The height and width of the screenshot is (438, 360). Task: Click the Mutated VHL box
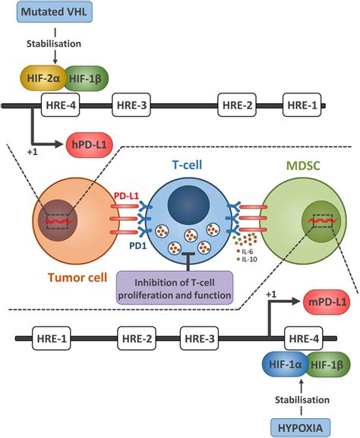[55, 12]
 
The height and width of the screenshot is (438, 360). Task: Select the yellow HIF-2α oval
[43, 78]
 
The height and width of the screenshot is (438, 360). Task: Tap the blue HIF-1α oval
[285, 364]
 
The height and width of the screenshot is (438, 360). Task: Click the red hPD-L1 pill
[90, 145]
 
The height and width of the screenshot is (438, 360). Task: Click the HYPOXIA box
[301, 427]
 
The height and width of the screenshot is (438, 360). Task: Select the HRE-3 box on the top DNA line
[131, 105]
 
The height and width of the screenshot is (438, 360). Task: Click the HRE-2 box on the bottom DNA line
[137, 339]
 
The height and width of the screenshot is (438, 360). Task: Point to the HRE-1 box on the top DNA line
[302, 105]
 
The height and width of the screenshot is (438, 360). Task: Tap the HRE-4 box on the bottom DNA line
[304, 339]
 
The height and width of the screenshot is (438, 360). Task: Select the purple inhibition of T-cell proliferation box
[175, 288]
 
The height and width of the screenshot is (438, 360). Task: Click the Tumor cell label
[77, 277]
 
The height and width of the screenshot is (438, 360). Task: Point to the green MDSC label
[303, 166]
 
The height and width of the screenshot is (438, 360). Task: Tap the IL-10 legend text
[249, 259]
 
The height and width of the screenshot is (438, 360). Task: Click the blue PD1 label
[137, 246]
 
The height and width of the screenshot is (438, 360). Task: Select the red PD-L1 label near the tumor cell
[126, 196]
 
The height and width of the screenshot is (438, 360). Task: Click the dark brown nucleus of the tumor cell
[58, 220]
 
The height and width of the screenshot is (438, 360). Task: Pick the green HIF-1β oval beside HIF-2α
[85, 78]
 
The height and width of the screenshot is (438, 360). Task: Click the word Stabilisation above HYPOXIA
[302, 400]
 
